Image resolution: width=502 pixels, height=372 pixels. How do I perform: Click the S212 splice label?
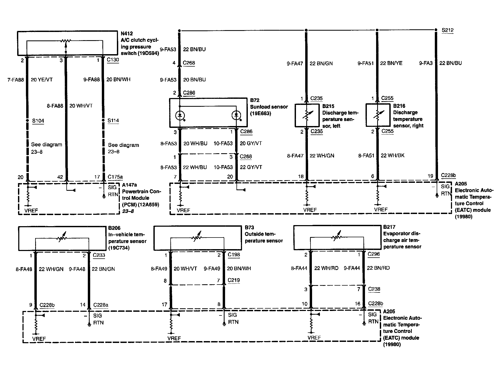point(448,30)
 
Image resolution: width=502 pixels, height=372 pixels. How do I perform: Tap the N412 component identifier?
point(127,34)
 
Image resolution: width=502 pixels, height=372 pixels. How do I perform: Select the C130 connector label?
point(113,60)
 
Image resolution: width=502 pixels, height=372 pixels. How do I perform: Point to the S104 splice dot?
point(27,121)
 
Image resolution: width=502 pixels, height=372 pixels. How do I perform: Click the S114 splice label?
point(113,120)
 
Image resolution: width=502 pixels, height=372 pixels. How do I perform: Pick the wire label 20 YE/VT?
point(42,80)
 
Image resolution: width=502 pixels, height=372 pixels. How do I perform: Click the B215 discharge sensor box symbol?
point(307,115)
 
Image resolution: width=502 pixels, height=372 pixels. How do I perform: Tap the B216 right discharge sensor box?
point(378,115)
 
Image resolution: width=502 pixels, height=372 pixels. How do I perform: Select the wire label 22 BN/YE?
point(391,63)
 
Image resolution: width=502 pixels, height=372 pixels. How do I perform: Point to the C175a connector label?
point(115,177)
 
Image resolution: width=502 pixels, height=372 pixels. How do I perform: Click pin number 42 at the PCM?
point(60,177)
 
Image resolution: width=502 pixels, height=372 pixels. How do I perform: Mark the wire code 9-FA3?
point(426,63)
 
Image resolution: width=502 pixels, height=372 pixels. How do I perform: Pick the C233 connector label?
point(99,255)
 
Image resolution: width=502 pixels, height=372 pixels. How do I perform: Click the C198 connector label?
point(234,255)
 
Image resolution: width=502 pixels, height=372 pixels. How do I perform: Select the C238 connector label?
point(374,289)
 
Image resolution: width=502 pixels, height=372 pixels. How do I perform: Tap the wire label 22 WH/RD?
point(326,268)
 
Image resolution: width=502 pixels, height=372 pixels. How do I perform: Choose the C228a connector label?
point(101,305)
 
